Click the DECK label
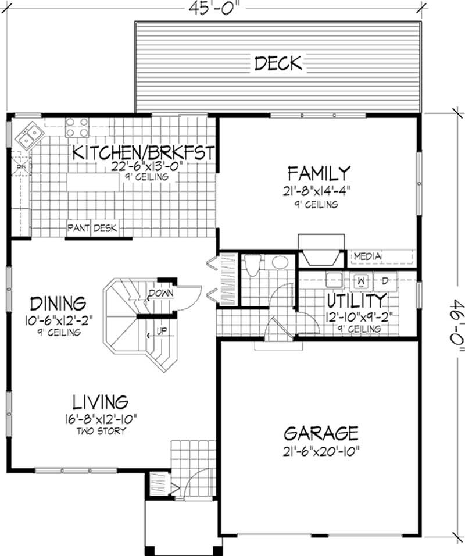(x=278, y=63)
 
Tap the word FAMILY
(x=320, y=173)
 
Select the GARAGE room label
(x=321, y=433)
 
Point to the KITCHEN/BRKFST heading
(x=144, y=153)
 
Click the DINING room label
(x=58, y=304)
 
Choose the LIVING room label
(x=100, y=402)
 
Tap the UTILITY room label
(x=356, y=301)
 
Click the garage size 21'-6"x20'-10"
(x=321, y=451)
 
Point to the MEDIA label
(x=367, y=256)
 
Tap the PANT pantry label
(x=78, y=228)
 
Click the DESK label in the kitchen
(x=105, y=228)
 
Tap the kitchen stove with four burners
(x=77, y=127)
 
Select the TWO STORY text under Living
(x=100, y=431)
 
